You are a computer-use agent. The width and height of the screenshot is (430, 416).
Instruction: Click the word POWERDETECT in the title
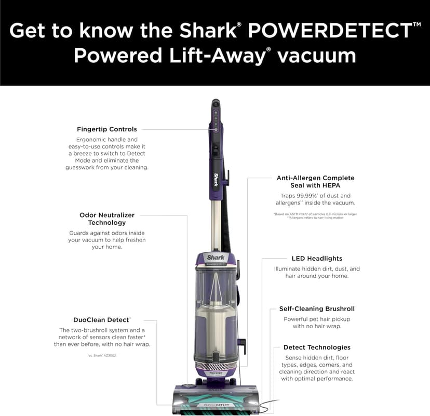click(330, 31)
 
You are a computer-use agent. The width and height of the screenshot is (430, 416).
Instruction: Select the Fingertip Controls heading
click(107, 129)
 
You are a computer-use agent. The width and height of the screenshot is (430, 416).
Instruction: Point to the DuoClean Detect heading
click(101, 320)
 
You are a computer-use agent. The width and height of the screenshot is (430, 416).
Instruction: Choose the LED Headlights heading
click(317, 258)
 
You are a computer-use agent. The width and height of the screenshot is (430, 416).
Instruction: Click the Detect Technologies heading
click(317, 347)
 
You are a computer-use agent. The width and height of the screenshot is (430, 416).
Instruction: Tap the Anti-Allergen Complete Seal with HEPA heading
click(315, 182)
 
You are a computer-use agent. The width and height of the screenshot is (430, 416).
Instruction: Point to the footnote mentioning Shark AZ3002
click(102, 355)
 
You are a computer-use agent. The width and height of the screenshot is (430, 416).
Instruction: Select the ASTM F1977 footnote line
click(315, 214)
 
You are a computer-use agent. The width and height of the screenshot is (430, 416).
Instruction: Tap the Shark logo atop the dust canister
click(216, 257)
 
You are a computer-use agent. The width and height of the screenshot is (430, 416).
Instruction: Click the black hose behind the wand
click(226, 223)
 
